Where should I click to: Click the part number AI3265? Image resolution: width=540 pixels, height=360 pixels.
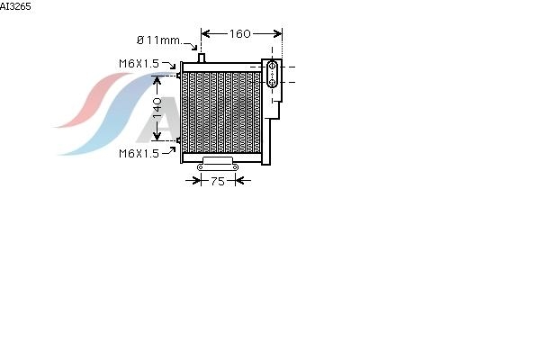(x=15, y=6)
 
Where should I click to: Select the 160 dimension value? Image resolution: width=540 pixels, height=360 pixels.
(x=239, y=34)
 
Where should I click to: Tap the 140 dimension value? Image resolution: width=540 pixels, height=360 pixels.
(x=157, y=108)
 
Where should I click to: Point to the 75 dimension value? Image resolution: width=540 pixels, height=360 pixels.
(x=217, y=181)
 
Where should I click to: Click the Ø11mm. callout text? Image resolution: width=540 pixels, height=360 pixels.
(x=159, y=40)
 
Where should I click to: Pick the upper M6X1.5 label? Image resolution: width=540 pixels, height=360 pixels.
(x=139, y=64)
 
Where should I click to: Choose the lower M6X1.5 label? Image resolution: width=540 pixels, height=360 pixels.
(x=139, y=153)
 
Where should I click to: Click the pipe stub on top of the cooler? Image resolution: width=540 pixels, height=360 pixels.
(x=202, y=58)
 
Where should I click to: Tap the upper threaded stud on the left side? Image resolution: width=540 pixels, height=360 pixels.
(x=178, y=75)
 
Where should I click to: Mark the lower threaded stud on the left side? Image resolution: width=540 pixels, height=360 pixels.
(x=178, y=140)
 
